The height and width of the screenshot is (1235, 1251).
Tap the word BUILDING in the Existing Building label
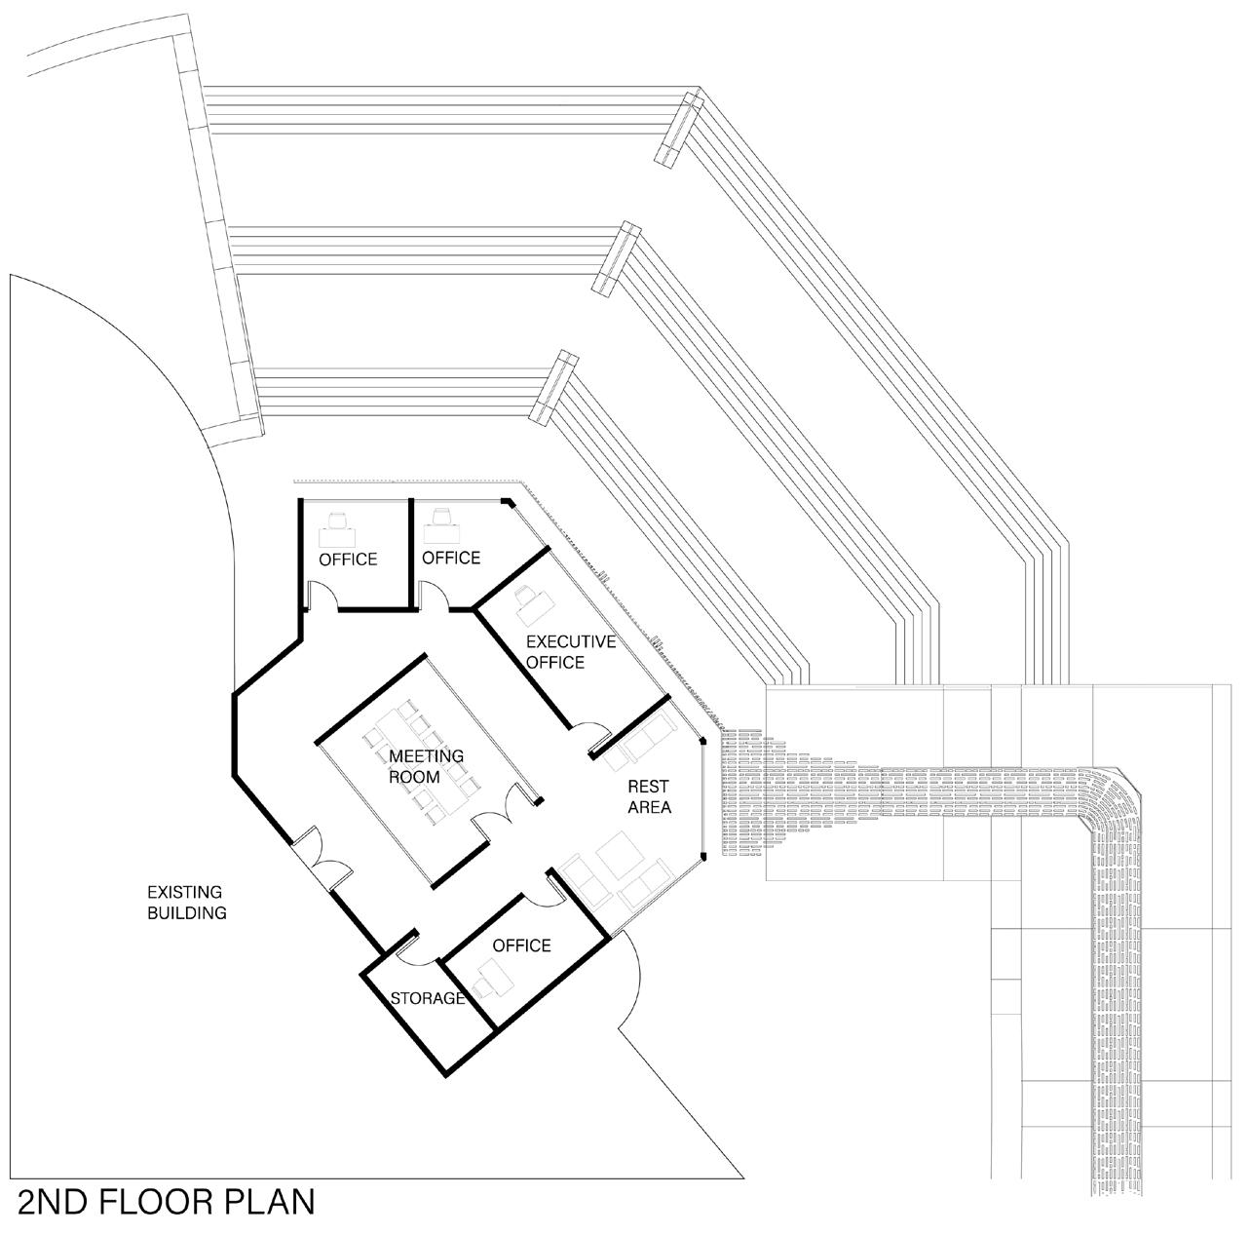pos(187,913)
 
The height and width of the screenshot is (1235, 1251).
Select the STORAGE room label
pos(428,998)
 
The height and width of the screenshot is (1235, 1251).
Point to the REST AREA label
pos(649,796)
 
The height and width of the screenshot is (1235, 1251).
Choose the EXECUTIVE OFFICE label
pos(571,652)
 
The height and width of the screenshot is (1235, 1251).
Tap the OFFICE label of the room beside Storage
pos(521,946)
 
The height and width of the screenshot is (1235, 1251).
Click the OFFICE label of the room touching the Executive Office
pos(451,558)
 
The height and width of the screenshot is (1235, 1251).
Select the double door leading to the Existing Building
pos(322,857)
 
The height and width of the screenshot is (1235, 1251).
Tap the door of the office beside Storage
pos(539,890)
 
